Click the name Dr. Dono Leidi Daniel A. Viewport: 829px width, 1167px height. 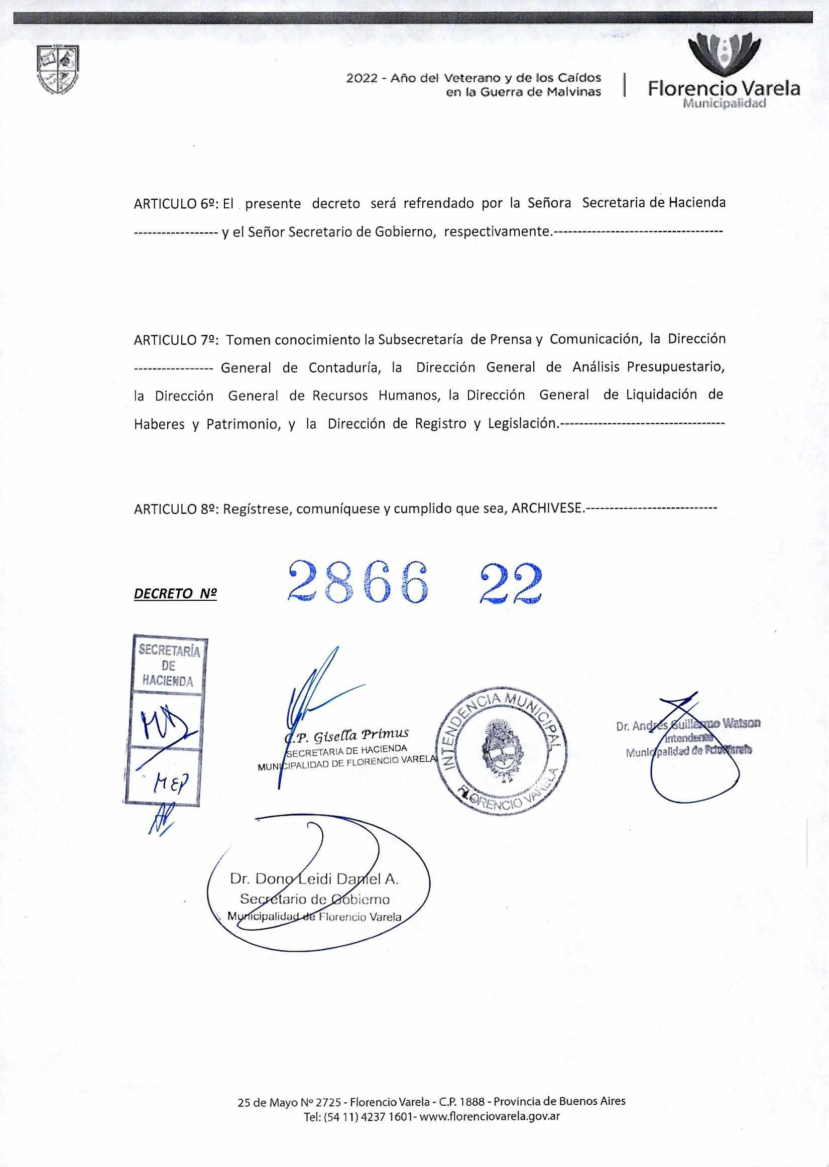[314, 879]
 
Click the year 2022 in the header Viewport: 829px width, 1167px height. [362, 79]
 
